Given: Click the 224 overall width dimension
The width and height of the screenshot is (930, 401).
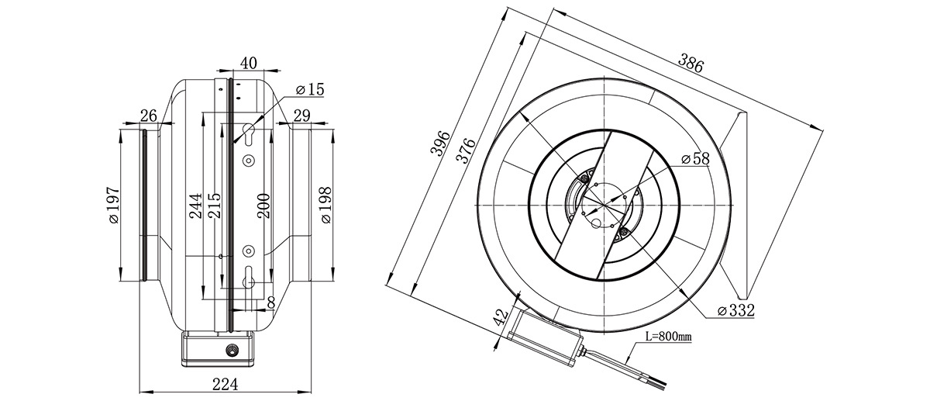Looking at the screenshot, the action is click(225, 384).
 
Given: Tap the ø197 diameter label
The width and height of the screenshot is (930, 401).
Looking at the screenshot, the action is click(114, 206).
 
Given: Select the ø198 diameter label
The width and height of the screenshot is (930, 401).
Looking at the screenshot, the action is click(326, 206).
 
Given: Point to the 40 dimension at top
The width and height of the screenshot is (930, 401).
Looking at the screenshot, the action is click(249, 63).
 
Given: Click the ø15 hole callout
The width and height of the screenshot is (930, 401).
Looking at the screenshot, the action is click(310, 89).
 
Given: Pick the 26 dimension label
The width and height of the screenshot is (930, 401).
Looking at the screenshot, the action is click(148, 116).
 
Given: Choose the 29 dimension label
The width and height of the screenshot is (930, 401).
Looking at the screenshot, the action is click(301, 116).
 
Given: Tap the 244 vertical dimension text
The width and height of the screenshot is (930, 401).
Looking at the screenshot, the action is click(195, 206).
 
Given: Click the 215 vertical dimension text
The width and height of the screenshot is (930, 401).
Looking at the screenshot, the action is click(214, 206).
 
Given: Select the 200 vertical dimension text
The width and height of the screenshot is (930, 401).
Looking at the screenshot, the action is click(263, 206).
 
